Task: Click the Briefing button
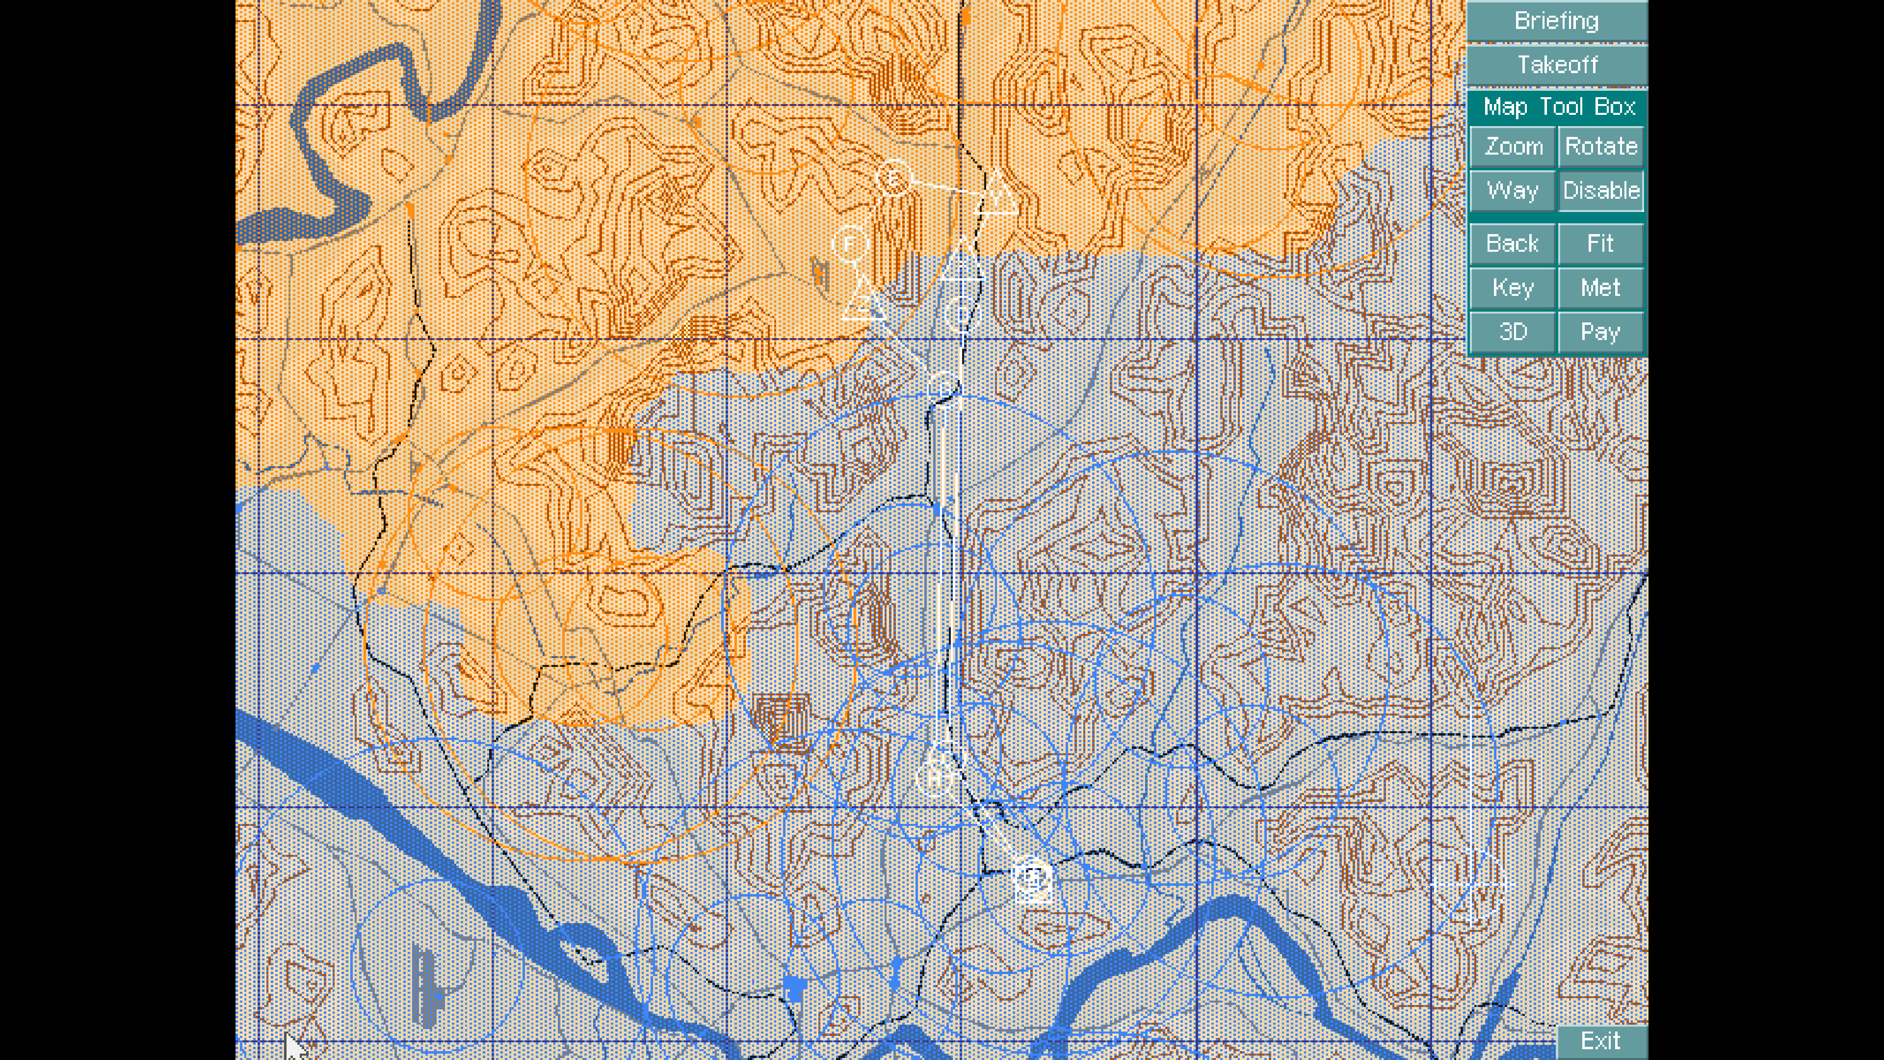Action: (x=1556, y=21)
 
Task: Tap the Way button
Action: (x=1513, y=191)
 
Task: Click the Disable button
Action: (x=1600, y=191)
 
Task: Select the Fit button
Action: (x=1600, y=243)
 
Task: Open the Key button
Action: (x=1513, y=288)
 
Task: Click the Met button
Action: (x=1600, y=288)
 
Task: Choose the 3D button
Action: (x=1513, y=332)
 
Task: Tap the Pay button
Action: (x=1600, y=332)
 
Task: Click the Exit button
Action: (x=1600, y=1041)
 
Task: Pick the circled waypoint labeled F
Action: (x=850, y=243)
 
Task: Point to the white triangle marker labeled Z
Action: (x=863, y=301)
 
